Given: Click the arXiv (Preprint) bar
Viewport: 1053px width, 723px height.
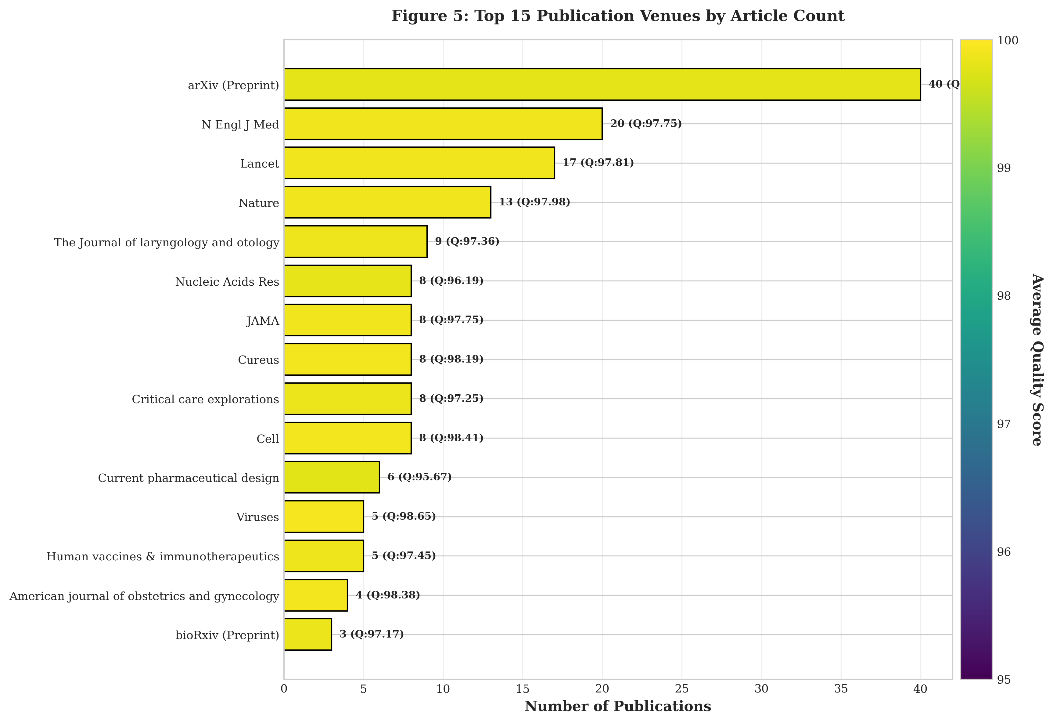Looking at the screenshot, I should [602, 84].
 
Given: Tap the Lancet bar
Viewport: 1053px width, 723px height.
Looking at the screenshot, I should [419, 163].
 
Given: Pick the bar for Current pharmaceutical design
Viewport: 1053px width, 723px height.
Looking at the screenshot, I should [332, 477].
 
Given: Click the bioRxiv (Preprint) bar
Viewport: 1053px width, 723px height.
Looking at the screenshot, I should [308, 634].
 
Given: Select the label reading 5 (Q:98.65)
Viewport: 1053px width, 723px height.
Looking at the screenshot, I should [403, 516].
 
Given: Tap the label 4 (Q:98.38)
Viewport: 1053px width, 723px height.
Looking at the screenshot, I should [387, 595].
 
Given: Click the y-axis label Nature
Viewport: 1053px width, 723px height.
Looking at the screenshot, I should [259, 203].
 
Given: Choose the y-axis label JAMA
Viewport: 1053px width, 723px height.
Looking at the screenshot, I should [263, 321].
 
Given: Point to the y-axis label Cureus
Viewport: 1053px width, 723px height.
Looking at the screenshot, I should [258, 360].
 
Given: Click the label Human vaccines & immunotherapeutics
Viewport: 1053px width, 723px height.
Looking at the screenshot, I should [163, 556].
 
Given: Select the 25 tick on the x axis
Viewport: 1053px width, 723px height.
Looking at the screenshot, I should [681, 689].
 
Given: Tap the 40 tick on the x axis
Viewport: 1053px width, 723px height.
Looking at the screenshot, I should [920, 689].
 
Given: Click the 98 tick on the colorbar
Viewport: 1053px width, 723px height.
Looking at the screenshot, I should [1004, 296].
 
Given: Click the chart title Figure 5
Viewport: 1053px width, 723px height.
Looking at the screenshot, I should [618, 16].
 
